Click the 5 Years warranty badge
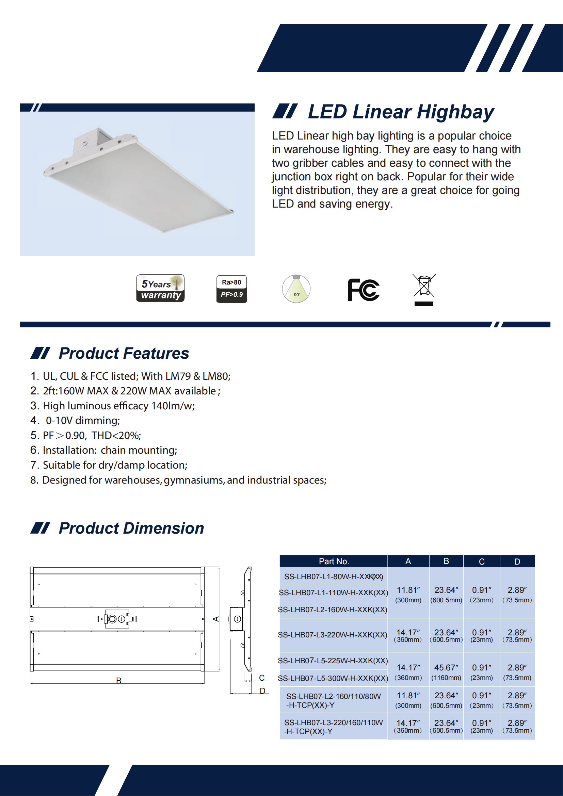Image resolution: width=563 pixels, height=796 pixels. point(161,289)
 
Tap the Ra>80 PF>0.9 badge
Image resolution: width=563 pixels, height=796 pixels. point(231,289)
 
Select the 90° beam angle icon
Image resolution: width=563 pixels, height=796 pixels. point(296,289)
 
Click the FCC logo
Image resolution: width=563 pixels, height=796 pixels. point(364,290)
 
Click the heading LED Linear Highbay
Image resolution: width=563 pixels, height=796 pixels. point(401,112)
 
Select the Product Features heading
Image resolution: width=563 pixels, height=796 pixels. point(124,353)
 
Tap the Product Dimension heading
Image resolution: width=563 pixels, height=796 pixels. point(131,529)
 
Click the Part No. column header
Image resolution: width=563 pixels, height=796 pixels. point(334,561)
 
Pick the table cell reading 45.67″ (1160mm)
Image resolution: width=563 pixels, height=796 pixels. point(446,672)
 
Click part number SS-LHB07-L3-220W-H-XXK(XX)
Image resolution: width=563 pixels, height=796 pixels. point(333,635)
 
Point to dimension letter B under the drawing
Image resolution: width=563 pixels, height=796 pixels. point(118,681)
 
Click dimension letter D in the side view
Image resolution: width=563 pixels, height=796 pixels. point(262,691)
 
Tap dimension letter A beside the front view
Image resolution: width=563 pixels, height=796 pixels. point(215,619)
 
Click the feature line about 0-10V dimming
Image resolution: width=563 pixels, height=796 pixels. point(82,421)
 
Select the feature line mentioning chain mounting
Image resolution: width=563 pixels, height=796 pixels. point(110,450)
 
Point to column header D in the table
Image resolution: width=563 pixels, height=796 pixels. point(517,561)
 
